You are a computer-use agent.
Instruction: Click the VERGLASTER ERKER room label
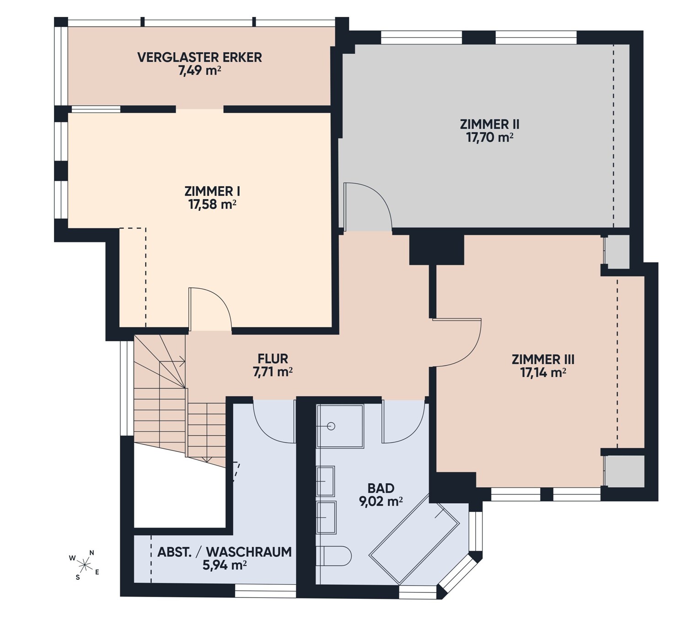tap(200, 57)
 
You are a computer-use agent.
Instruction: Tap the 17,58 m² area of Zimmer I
tap(212, 204)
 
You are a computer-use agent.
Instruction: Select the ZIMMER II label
tap(489, 124)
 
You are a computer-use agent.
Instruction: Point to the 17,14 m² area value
tap(543, 373)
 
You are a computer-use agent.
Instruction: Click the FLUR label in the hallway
tap(273, 359)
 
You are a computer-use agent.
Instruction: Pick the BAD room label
tap(381, 488)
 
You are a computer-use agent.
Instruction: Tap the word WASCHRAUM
tap(249, 552)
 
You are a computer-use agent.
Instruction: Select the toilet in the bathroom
tap(333, 556)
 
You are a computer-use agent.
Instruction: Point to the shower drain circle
tap(331, 426)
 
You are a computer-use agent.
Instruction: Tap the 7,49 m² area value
tap(200, 70)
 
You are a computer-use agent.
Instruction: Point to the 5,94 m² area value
tap(225, 565)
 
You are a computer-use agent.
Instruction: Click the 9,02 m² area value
tap(381, 501)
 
